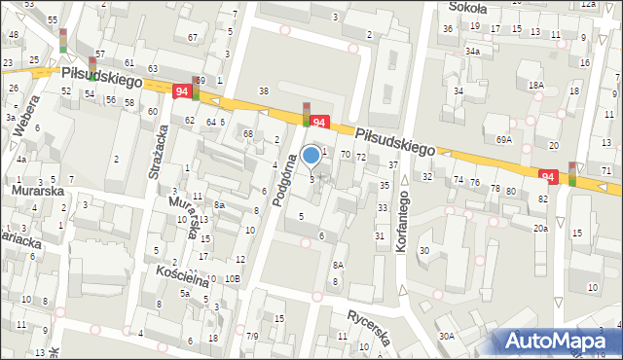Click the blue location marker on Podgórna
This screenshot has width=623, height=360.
311,155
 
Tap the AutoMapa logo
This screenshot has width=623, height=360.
558,342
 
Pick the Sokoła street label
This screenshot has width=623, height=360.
467,7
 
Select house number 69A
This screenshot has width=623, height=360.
503,139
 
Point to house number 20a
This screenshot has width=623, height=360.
540,228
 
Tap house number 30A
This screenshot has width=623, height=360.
446,336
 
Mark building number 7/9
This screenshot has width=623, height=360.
252,336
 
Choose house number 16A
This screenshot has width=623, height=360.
535,85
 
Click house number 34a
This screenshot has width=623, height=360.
472,51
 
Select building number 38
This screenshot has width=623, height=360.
263,90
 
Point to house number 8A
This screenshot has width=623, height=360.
338,265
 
